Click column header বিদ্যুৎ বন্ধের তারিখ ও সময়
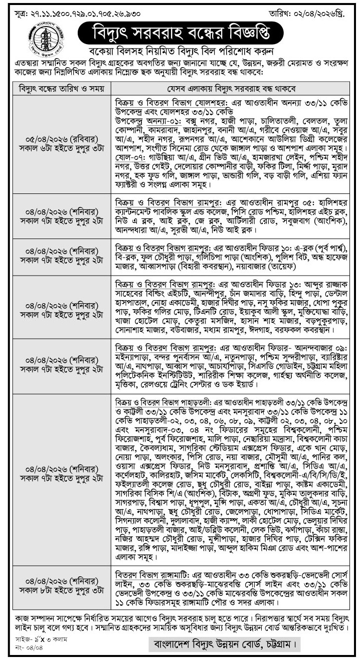(61, 89)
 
